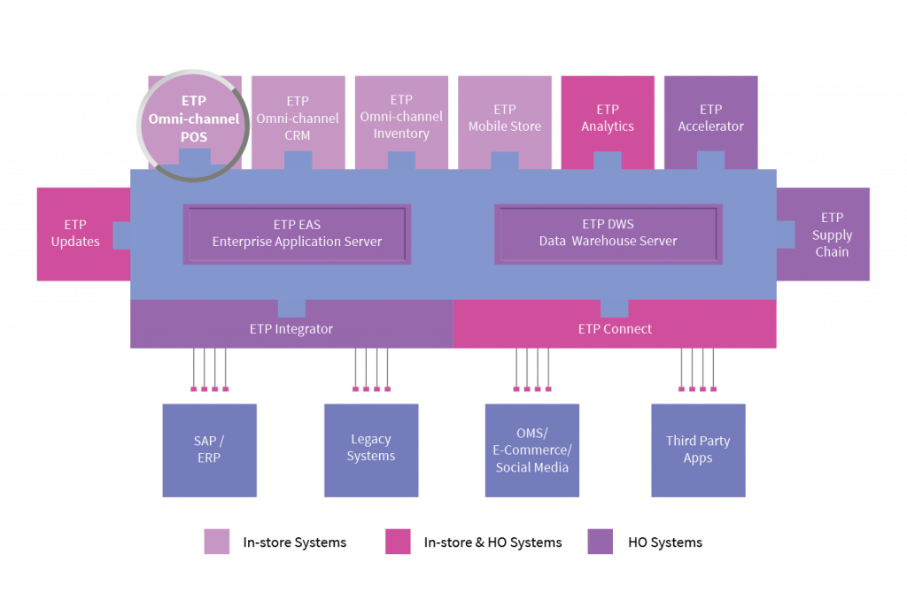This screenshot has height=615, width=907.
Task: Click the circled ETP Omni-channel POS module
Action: tap(193, 119)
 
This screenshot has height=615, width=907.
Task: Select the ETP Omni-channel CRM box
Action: tap(298, 119)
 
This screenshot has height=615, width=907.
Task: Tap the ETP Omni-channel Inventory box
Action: tap(401, 118)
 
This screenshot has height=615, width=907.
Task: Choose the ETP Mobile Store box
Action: tap(505, 119)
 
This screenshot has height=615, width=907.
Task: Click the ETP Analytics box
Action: tap(608, 119)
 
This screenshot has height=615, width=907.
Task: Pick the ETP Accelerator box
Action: tap(710, 119)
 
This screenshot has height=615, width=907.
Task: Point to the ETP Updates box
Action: tap(76, 234)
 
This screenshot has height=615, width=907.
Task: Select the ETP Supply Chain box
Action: tap(831, 234)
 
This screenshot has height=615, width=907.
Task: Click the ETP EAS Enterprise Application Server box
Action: tap(297, 234)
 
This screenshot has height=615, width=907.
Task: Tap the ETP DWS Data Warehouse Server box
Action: tap(608, 234)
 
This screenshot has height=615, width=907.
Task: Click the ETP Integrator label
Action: tap(291, 329)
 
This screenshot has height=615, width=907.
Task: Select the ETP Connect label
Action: tap(615, 329)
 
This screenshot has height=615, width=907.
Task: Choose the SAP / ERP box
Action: tap(209, 450)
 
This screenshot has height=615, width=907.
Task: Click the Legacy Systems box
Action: tap(370, 450)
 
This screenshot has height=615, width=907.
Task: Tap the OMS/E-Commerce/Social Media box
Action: tap(531, 450)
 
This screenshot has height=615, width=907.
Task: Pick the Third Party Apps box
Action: tap(698, 450)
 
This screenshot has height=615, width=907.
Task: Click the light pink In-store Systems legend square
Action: tap(217, 542)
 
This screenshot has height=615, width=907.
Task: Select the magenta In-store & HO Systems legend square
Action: tap(398, 542)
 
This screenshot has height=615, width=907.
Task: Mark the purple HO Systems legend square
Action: tap(600, 542)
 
